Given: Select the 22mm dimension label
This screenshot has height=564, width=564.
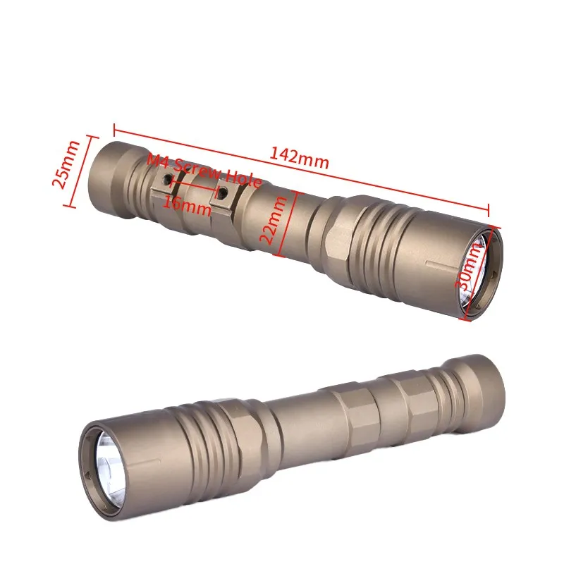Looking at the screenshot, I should (x=269, y=219).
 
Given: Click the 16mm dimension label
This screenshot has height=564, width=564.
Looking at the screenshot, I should (x=187, y=204).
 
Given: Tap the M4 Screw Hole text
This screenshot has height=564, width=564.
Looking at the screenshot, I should (x=204, y=171).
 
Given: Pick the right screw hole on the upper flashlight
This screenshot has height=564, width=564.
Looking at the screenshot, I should (x=223, y=192).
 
